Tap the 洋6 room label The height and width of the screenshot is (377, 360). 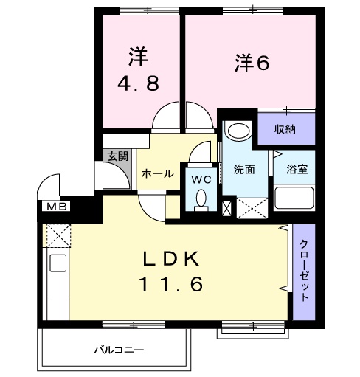(252, 63)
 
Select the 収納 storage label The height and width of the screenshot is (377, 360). (285, 129)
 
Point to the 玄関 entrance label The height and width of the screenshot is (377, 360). (117, 156)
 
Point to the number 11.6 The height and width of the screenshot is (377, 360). (171, 283)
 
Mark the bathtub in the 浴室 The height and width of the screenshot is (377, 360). (294, 198)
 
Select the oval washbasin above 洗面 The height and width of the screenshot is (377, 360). (238, 131)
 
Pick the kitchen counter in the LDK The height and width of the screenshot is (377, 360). (56, 273)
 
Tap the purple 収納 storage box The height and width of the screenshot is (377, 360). (286, 129)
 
